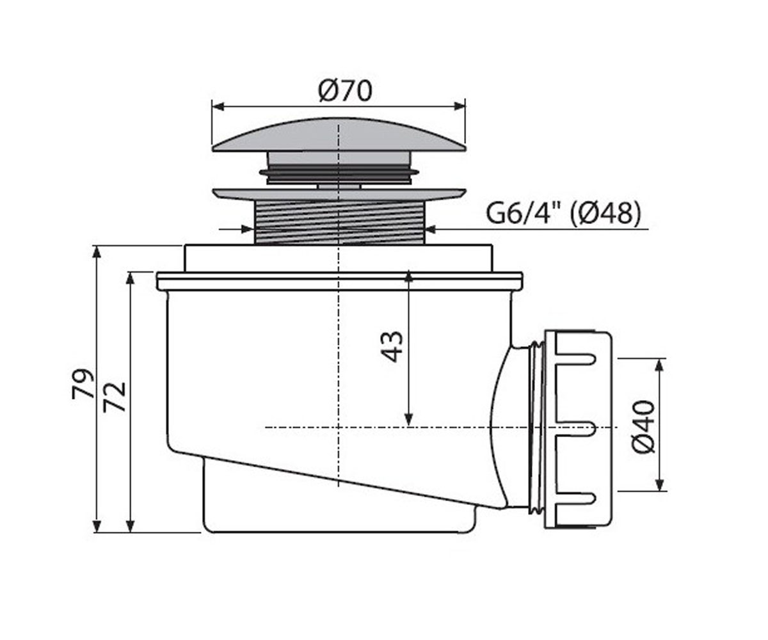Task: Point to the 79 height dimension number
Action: [83, 383]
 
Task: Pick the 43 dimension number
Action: [391, 347]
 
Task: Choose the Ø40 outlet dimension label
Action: [643, 427]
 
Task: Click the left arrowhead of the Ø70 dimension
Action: [218, 107]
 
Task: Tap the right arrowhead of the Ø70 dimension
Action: [460, 107]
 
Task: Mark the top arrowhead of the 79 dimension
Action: [97, 252]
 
